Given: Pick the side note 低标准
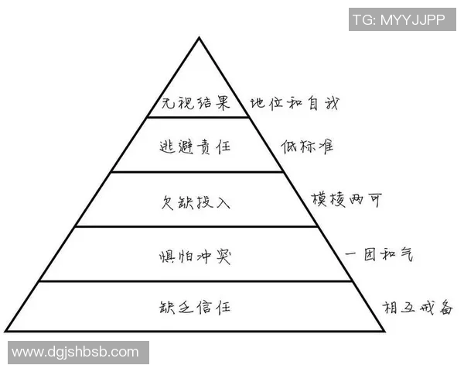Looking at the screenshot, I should tap(308, 146).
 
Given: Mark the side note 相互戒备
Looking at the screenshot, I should tap(415, 306).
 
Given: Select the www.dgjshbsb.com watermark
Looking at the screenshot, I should tap(75, 353).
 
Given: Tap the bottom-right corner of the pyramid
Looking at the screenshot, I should tap(384, 332).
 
